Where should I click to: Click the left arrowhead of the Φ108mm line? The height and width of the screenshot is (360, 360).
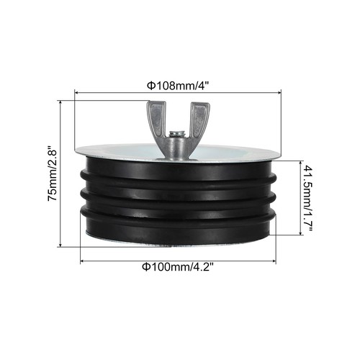pos(76,93)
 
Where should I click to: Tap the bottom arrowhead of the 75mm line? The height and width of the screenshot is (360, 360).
pos(71,245)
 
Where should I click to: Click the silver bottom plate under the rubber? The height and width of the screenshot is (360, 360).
pos(180,246)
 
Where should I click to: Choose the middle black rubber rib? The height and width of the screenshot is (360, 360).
pos(180,195)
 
